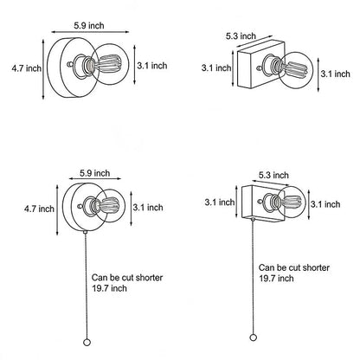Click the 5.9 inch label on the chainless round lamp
[89, 25]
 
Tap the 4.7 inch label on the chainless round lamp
[26, 68]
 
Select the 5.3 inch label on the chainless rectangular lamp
[241, 36]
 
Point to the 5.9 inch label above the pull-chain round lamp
[95, 173]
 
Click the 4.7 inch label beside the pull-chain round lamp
[39, 209]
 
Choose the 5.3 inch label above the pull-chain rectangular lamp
[273, 175]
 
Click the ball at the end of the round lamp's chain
[87, 343]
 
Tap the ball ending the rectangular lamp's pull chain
[253, 337]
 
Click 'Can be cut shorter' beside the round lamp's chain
[127, 278]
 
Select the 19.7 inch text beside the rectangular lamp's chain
[276, 279]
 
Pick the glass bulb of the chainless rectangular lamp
[296, 70]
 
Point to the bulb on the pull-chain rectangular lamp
[293, 202]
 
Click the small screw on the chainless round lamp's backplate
[69, 64]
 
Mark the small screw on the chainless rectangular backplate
[260, 68]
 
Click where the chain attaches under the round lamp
[86, 232]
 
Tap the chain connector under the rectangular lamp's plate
[253, 219]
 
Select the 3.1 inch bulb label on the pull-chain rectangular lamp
[325, 204]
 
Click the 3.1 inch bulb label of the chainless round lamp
[152, 66]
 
